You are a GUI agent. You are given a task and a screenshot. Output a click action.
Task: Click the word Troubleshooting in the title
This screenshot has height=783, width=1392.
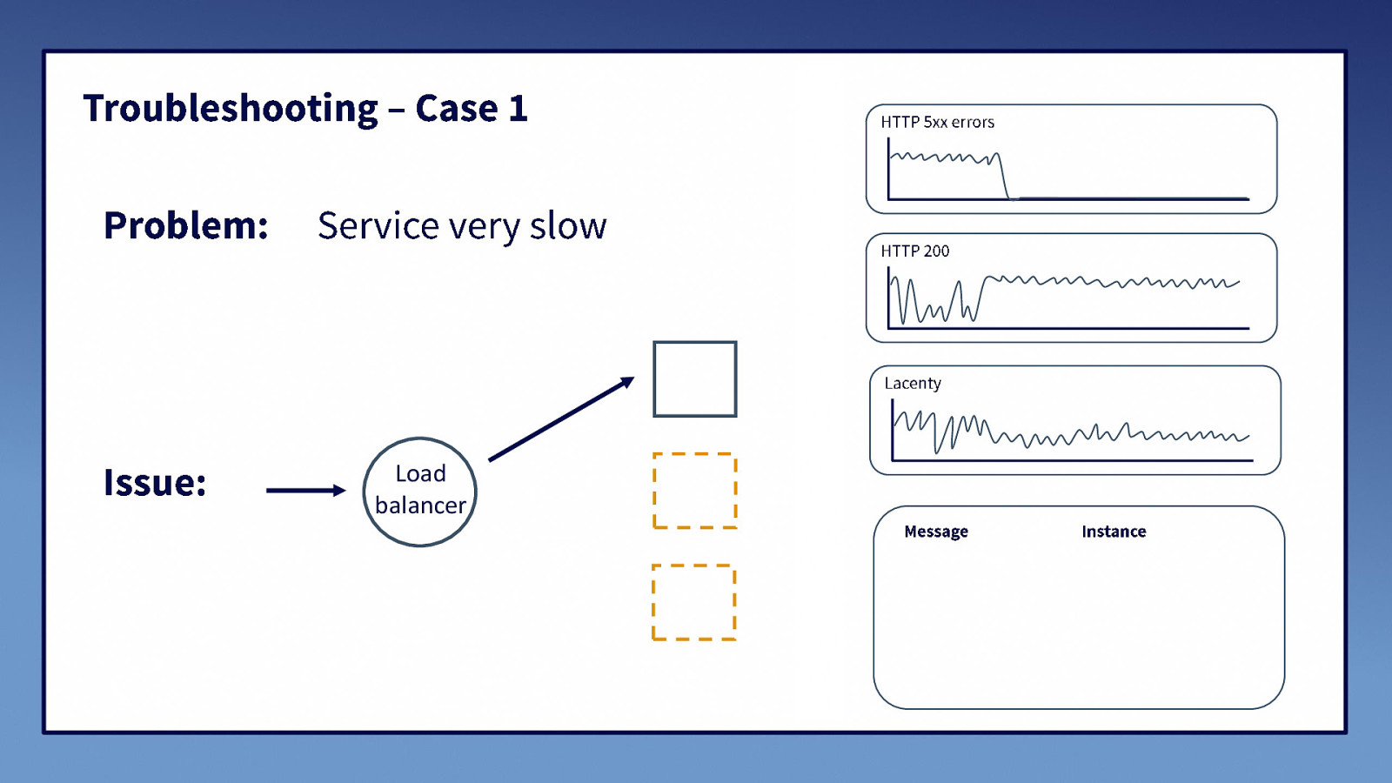click(x=231, y=110)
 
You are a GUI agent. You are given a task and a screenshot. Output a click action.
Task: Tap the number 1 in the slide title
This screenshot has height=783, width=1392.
click(x=518, y=109)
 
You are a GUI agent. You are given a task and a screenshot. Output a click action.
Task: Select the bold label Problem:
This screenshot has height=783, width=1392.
click(x=185, y=226)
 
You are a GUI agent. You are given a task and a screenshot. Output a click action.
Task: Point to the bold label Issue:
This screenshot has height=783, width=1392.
click(x=155, y=483)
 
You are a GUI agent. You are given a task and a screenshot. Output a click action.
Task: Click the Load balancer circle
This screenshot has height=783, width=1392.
click(x=420, y=492)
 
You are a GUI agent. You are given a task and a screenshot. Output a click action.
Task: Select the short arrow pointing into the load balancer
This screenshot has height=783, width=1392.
click(x=305, y=491)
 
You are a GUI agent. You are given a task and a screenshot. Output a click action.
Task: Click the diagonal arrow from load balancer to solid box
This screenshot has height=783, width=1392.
click(x=561, y=419)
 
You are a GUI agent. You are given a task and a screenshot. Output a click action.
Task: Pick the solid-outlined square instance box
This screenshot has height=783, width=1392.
click(x=695, y=379)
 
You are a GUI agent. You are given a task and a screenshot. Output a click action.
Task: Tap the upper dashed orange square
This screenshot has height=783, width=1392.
click(x=695, y=491)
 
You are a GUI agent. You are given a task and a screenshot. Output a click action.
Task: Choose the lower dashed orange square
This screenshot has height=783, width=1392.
click(x=694, y=602)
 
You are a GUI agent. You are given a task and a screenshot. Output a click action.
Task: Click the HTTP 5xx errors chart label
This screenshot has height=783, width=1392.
click(x=937, y=123)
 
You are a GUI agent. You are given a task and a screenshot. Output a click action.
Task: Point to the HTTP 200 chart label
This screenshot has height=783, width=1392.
click(x=914, y=251)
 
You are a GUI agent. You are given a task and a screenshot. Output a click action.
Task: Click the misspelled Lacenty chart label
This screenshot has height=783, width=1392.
click(x=913, y=384)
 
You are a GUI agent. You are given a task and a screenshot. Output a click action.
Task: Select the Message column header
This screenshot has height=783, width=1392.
click(x=936, y=532)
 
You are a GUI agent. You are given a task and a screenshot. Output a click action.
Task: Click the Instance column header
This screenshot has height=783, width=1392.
click(x=1114, y=532)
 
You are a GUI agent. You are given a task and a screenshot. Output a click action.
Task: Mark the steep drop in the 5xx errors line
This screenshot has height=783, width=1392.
click(x=1004, y=178)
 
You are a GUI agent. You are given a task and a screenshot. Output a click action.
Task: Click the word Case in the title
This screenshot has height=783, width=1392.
click(x=457, y=109)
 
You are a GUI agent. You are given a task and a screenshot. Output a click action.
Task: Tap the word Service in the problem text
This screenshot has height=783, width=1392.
click(x=378, y=226)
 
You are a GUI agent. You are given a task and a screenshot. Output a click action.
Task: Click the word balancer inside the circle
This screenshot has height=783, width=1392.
click(x=420, y=505)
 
